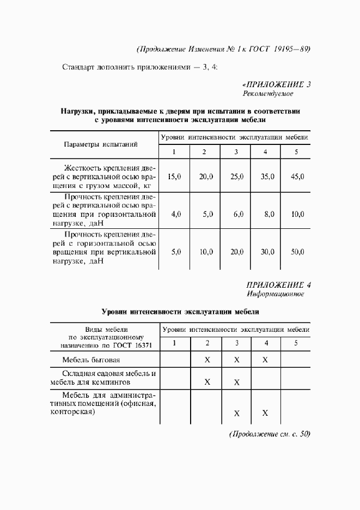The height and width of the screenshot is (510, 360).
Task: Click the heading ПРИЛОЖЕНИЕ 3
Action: point(276,84)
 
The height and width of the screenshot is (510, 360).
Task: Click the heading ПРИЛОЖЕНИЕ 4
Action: point(278,284)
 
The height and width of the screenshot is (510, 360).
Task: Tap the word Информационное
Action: point(275,294)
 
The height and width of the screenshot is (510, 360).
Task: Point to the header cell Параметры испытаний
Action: point(101,144)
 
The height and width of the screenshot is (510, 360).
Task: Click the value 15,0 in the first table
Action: point(174,177)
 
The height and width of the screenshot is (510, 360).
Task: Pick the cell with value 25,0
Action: point(236,177)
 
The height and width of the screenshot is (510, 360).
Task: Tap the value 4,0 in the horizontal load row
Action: point(175,214)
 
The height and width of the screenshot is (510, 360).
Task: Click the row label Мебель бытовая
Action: point(91,360)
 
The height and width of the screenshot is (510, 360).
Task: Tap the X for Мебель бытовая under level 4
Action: point(265,360)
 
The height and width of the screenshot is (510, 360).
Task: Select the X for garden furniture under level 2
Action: point(207,381)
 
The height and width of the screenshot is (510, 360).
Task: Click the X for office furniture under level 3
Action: point(236,413)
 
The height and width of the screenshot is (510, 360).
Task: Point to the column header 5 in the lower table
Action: point(296,343)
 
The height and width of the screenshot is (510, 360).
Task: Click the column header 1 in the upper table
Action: point(174,151)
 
